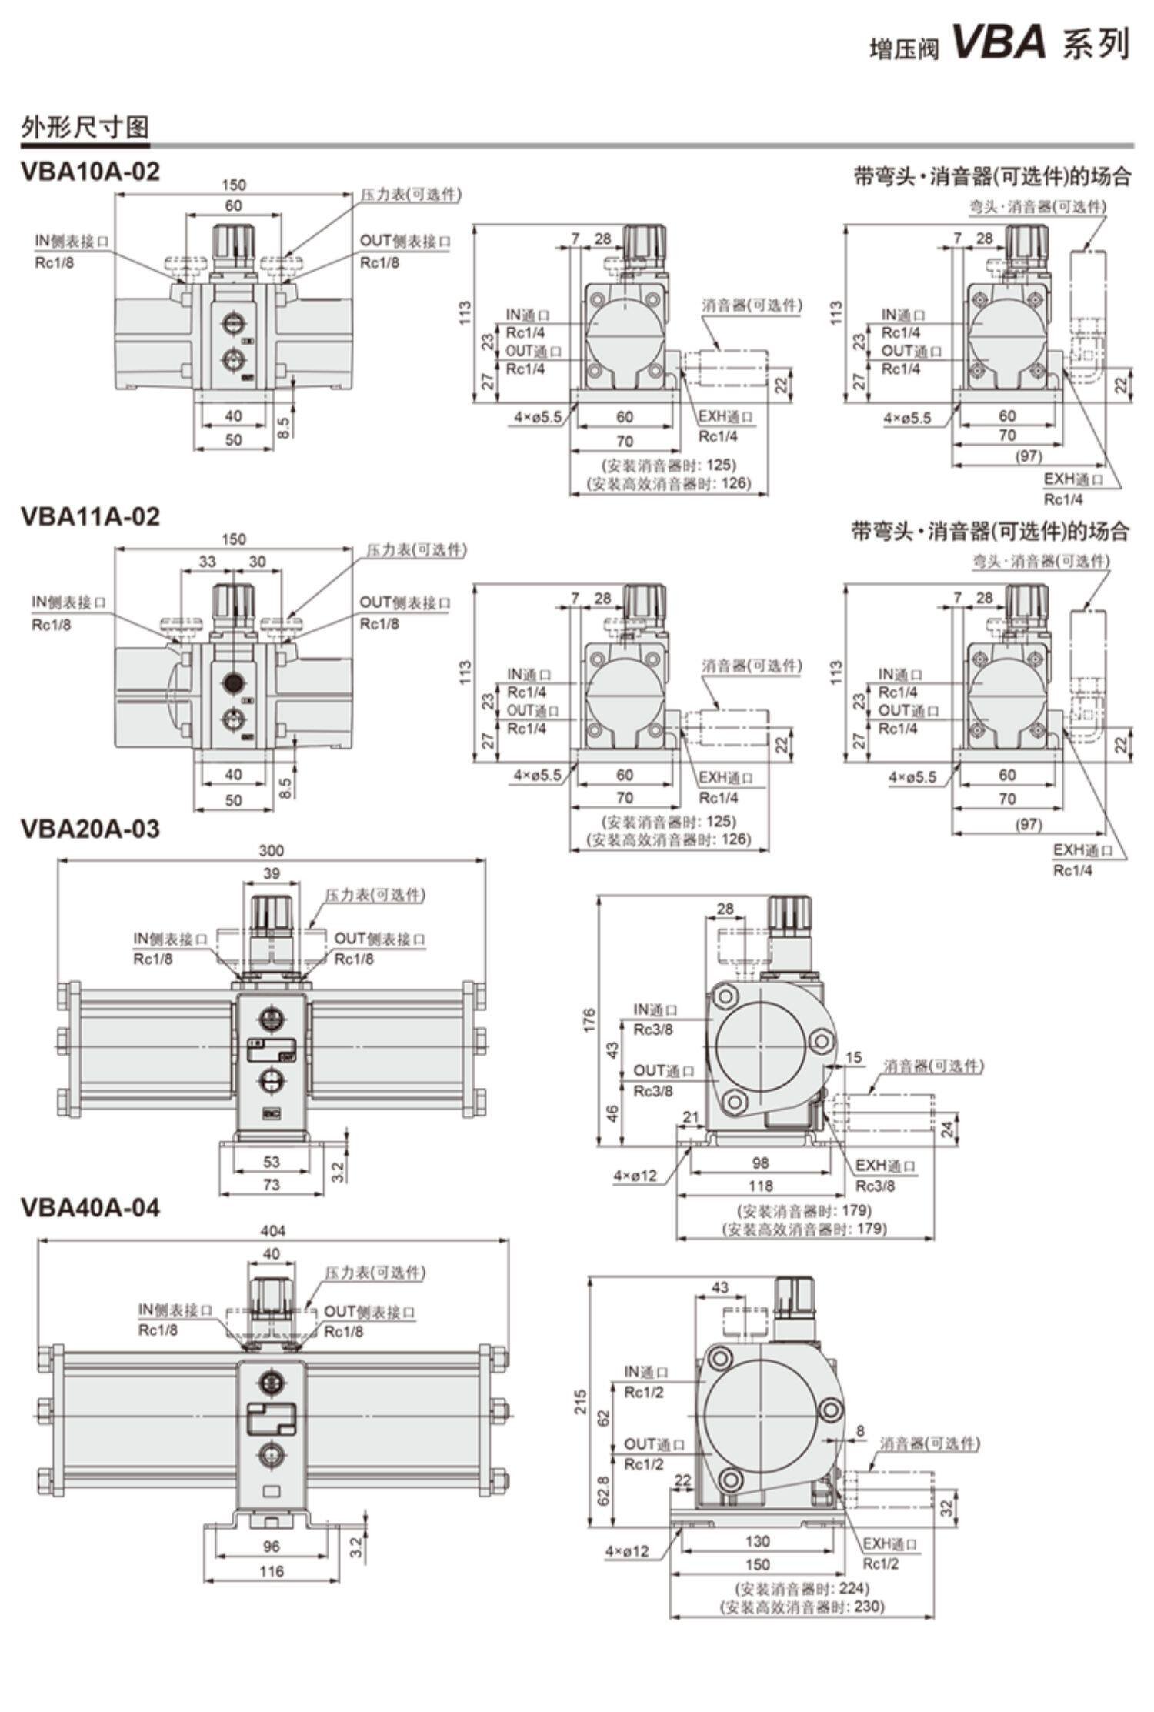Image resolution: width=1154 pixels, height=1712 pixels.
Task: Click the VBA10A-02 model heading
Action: click(91, 172)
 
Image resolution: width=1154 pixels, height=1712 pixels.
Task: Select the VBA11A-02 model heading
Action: click(91, 516)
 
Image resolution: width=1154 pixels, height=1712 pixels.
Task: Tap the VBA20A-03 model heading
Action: click(91, 828)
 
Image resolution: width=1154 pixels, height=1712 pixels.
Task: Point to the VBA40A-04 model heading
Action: click(91, 1207)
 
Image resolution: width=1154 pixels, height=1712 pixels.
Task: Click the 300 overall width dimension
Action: click(271, 850)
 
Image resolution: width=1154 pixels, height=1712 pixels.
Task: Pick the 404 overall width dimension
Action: click(272, 1230)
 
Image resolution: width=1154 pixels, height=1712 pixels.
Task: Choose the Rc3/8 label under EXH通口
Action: click(876, 1186)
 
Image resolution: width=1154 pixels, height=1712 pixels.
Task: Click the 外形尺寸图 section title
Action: click(85, 127)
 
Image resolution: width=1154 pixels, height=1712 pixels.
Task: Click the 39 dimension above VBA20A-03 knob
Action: click(272, 873)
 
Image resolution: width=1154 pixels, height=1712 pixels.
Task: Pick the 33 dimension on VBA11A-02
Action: click(208, 561)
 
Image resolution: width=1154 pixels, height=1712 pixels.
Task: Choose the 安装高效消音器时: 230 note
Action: click(802, 1606)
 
